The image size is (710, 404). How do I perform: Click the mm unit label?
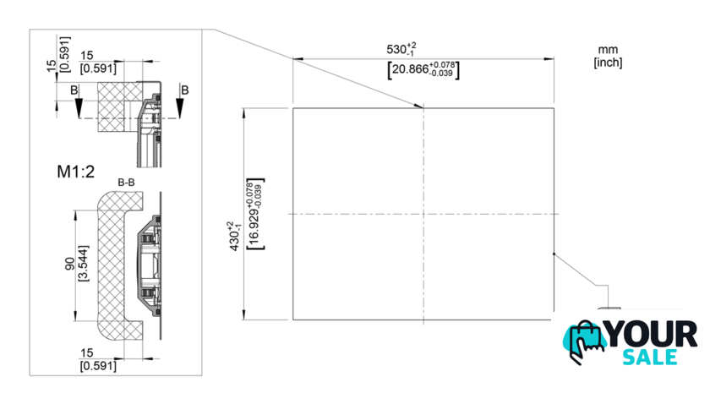point(609,50)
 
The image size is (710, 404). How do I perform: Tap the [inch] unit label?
point(609,63)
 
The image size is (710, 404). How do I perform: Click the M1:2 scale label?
point(76,172)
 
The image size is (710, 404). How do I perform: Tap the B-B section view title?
point(128,182)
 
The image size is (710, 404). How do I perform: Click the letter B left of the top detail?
point(74,90)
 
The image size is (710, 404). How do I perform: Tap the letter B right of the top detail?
point(184,90)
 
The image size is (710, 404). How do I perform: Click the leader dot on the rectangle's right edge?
point(553,254)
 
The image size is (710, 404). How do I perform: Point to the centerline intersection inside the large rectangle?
point(423,213)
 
